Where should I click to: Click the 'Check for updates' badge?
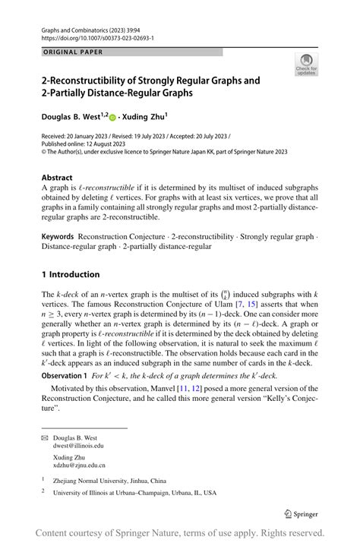click(x=306, y=64)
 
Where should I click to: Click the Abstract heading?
click(x=57, y=178)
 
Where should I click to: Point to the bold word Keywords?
click(x=59, y=237)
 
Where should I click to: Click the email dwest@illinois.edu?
click(x=78, y=446)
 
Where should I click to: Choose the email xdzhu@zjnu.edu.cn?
click(x=79, y=465)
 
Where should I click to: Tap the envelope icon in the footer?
click(x=44, y=437)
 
